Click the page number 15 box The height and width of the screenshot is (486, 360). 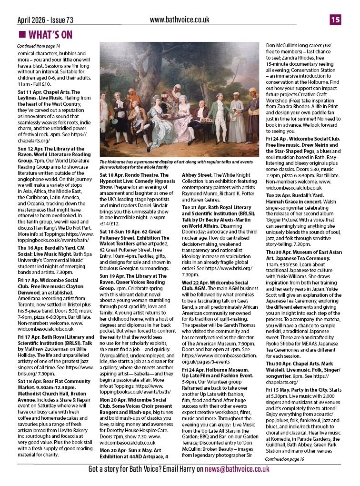click(336, 20)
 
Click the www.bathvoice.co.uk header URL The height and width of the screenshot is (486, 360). click(180, 20)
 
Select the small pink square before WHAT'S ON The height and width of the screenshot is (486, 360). click(21, 35)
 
